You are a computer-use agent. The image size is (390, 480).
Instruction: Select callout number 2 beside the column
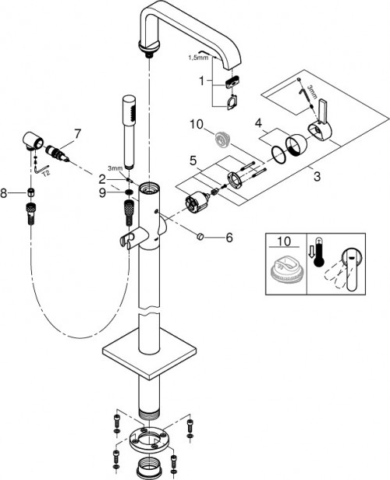coord(113,178)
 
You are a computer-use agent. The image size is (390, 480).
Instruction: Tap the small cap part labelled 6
coord(204,236)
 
